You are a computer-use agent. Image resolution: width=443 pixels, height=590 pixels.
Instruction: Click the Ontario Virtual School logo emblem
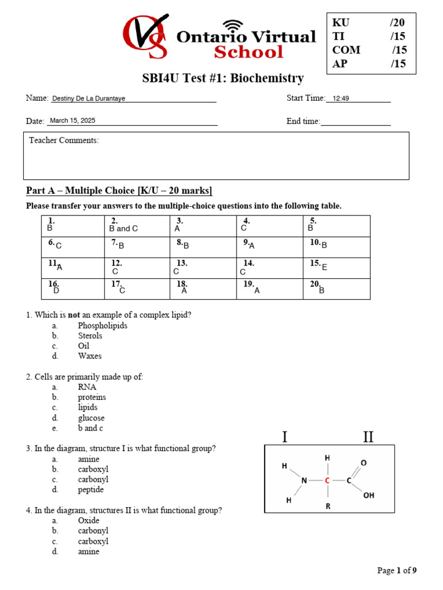tap(145, 36)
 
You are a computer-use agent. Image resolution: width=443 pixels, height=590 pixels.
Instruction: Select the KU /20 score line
tap(369, 22)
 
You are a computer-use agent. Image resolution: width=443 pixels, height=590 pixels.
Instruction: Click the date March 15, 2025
tap(73, 121)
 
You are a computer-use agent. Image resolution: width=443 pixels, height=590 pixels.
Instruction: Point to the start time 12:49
tap(341, 99)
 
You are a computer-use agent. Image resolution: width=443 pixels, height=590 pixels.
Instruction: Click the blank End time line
tap(355, 122)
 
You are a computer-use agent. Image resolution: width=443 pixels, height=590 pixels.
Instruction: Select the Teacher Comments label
tap(64, 141)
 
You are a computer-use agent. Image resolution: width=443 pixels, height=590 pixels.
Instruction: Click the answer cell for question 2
tap(137, 226)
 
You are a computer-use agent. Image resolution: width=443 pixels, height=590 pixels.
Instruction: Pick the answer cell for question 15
tap(336, 268)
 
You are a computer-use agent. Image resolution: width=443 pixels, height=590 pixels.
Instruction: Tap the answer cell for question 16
tap(73, 289)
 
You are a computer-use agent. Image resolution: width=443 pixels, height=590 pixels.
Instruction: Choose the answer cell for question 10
tap(336, 247)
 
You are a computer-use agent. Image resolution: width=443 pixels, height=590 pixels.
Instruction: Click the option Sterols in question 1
tap(90, 336)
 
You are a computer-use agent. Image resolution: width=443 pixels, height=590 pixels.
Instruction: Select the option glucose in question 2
tap(91, 418)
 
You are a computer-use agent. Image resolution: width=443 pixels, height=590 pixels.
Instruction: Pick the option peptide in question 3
tap(91, 490)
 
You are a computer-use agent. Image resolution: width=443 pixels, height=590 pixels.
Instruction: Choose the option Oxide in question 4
tap(89, 521)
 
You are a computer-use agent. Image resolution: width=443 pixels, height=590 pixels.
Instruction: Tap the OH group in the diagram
tap(369, 495)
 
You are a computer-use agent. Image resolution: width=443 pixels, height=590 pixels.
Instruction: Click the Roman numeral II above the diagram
tap(368, 437)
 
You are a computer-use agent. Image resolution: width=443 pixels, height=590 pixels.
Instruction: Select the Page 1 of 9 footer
tap(396, 571)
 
